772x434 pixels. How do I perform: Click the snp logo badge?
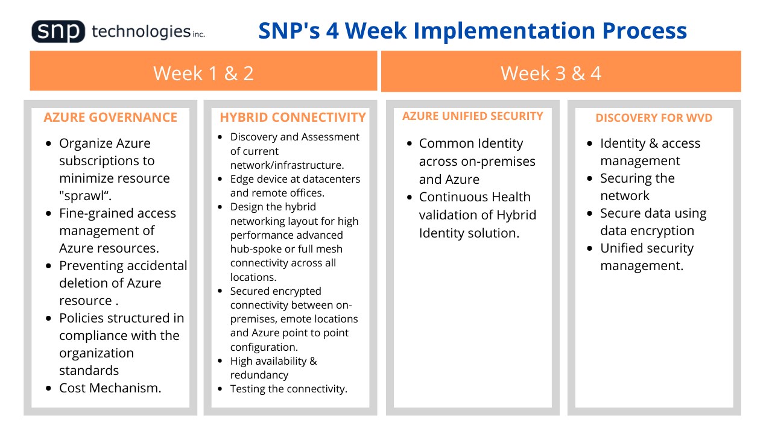pos(59,31)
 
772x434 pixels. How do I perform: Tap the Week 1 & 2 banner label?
pos(203,73)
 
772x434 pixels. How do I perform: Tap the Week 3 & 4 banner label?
pos(551,73)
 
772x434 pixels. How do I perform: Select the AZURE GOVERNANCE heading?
pos(110,118)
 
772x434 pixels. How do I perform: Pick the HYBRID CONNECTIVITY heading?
pos(293,118)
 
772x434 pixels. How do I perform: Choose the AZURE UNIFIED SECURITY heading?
pos(472,116)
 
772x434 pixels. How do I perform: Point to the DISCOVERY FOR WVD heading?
pos(654,118)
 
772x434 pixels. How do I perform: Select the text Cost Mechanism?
pos(110,388)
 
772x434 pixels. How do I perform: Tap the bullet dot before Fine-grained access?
pos(48,213)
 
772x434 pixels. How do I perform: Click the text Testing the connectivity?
pos(288,389)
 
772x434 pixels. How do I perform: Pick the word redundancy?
pos(259,375)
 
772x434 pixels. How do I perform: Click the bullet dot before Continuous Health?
pos(409,197)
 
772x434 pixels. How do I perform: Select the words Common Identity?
pos(471,143)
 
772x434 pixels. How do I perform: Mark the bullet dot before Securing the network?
pos(590,178)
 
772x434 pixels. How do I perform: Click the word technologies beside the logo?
pos(141,32)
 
